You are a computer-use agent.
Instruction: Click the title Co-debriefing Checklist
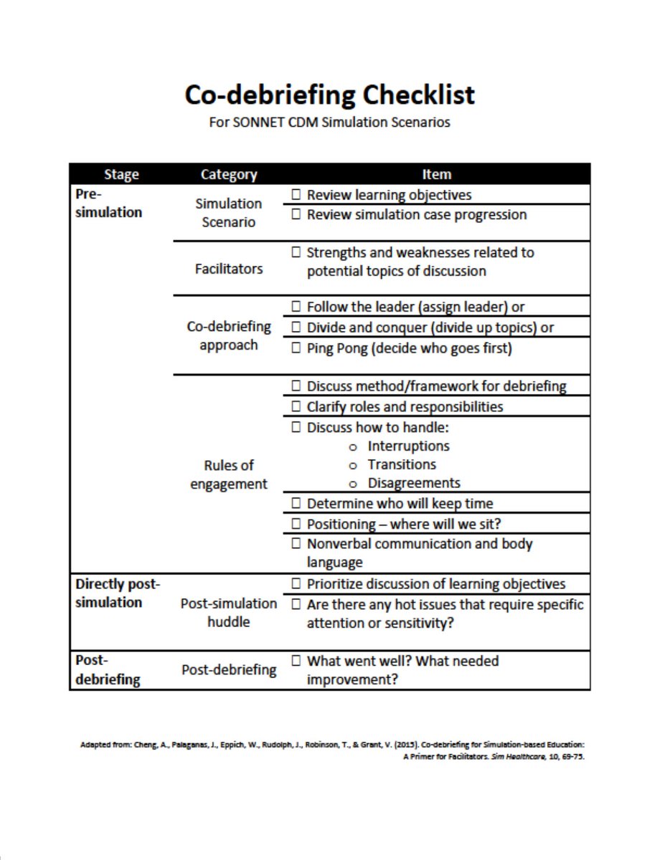point(329,95)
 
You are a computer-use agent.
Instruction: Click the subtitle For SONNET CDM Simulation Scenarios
point(329,122)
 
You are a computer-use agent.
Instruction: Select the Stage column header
point(121,174)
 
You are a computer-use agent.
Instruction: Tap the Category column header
point(228,174)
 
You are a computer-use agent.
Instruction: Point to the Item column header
point(436,174)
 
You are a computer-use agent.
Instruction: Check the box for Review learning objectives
point(296,195)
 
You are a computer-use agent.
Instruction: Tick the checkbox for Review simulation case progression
point(296,215)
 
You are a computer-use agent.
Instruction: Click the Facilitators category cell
point(228,269)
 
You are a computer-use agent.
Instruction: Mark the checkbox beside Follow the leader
point(296,307)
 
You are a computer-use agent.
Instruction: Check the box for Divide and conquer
point(296,328)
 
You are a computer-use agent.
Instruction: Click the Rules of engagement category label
point(228,474)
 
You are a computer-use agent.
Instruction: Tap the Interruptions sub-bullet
point(407,446)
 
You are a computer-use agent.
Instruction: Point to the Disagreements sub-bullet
point(413,483)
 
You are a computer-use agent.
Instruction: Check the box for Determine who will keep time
point(296,504)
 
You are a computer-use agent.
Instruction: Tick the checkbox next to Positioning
point(296,525)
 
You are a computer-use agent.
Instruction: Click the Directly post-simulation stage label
point(118,593)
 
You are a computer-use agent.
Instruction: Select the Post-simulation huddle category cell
point(228,613)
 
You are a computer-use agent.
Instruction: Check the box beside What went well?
point(296,661)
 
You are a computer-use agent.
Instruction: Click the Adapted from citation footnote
point(333,750)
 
